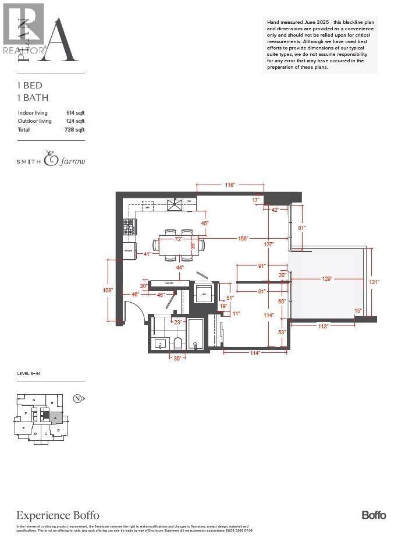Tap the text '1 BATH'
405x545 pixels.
(x=33, y=98)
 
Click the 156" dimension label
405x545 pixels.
(x=243, y=238)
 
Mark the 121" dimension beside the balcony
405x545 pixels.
(x=374, y=282)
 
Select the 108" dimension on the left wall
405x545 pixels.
(x=108, y=289)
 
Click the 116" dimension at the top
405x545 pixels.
(x=230, y=185)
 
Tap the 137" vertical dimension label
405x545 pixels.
(x=268, y=244)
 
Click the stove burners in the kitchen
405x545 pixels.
(x=129, y=227)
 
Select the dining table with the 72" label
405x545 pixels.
(x=179, y=245)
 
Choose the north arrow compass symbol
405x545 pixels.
(x=77, y=399)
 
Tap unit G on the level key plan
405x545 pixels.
(x=34, y=400)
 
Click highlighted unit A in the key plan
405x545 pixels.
(x=55, y=417)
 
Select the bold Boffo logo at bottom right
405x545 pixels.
(x=374, y=515)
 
